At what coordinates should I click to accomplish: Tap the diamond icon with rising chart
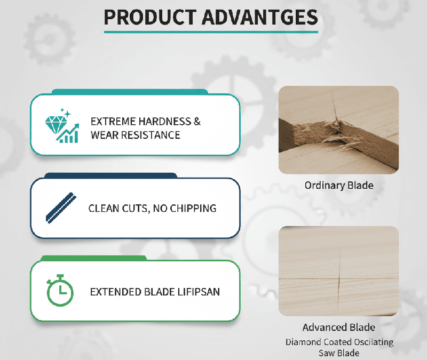62,126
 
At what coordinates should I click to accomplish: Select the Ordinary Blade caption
338,186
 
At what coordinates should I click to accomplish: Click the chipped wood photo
338,129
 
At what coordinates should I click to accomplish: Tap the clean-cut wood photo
338,271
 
